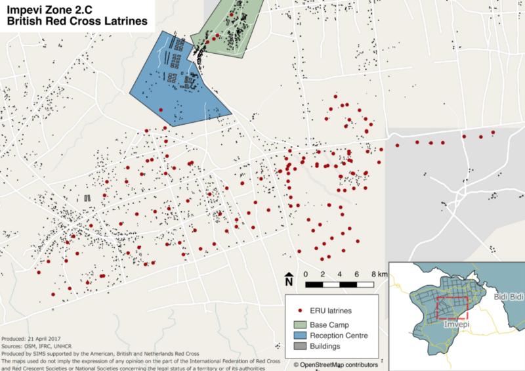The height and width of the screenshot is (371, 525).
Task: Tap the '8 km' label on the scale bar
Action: [x=377, y=274]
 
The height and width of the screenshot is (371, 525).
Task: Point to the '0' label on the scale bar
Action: [x=306, y=274]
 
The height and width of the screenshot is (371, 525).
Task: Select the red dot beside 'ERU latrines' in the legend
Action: [x=299, y=311]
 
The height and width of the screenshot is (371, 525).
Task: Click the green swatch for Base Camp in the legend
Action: [x=301, y=324]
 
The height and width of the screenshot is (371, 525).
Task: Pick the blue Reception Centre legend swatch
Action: [x=301, y=335]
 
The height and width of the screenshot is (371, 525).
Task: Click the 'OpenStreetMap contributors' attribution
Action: [x=338, y=364]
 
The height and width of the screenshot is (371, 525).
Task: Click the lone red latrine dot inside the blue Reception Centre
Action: [x=161, y=110]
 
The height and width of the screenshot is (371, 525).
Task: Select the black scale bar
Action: [x=340, y=284]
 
